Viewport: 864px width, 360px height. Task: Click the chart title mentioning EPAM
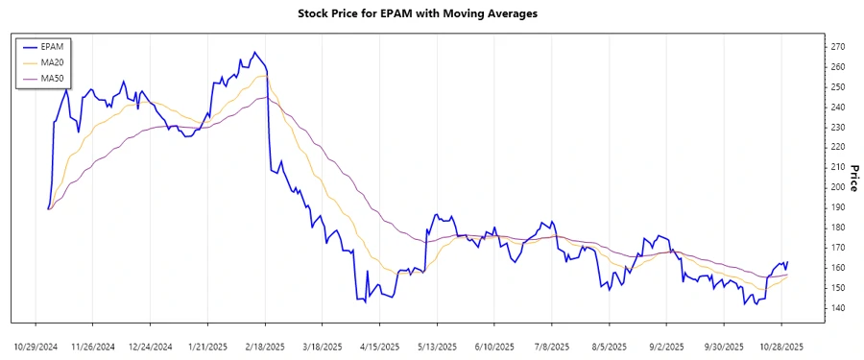[431, 14]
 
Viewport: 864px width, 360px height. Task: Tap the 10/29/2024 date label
[36, 346]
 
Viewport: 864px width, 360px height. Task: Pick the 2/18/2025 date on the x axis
[265, 346]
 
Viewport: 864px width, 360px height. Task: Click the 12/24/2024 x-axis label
[151, 346]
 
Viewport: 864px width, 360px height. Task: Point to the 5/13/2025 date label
[437, 346]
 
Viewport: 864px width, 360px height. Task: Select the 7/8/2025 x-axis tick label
[552, 346]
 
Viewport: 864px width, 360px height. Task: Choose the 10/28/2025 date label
[781, 346]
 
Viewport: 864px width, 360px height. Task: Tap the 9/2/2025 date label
[666, 346]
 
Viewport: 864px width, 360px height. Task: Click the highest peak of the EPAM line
[254, 52]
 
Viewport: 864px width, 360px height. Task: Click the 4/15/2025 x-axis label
[380, 346]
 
